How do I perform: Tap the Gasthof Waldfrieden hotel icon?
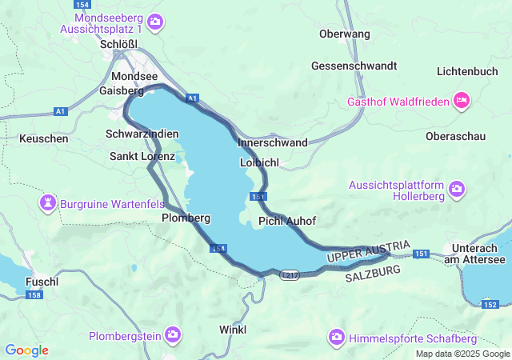pyautogui.click(x=461, y=102)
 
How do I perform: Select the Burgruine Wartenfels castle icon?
pyautogui.click(x=48, y=204)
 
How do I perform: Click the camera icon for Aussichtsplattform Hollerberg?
pyautogui.click(x=456, y=189)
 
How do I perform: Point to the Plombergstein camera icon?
pyautogui.click(x=172, y=334)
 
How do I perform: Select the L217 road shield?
pyautogui.click(x=290, y=274)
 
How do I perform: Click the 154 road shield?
pyautogui.click(x=219, y=249)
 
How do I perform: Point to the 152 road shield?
pyautogui.click(x=490, y=304)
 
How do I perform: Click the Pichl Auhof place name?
pyautogui.click(x=287, y=221)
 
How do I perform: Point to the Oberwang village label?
pyautogui.click(x=344, y=34)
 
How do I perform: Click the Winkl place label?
pyautogui.click(x=233, y=330)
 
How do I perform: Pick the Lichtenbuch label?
pyautogui.click(x=468, y=71)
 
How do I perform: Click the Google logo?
pyautogui.click(x=26, y=350)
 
